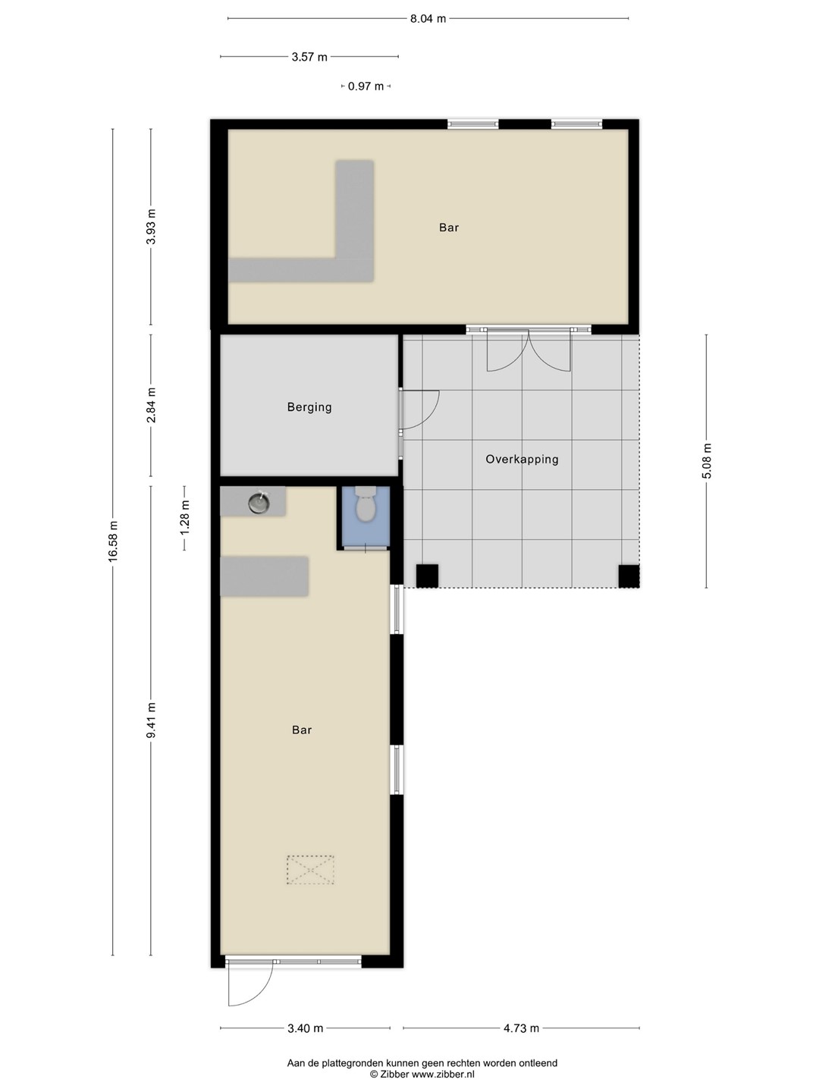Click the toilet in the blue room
(x=366, y=505)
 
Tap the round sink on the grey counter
(x=259, y=502)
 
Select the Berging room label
(x=309, y=407)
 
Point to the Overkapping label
(x=522, y=459)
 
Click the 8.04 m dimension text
(x=428, y=19)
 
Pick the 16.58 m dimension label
(x=114, y=541)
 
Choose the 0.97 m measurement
(x=366, y=86)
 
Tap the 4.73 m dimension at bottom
(x=521, y=1028)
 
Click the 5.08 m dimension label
(x=707, y=460)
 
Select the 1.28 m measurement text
(x=184, y=518)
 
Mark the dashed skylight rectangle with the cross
(x=310, y=870)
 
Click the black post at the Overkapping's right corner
(x=629, y=576)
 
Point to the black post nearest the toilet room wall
(x=427, y=576)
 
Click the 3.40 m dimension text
(x=306, y=1028)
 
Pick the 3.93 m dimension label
(x=152, y=226)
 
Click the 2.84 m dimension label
(x=152, y=406)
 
